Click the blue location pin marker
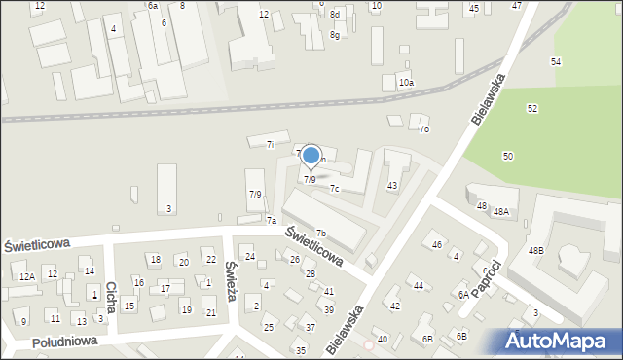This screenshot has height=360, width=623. (x=311, y=156)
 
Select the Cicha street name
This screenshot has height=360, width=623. (x=111, y=299)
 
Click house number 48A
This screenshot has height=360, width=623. (x=500, y=211)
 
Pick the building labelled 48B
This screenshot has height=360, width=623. (x=536, y=251)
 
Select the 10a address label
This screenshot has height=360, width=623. (x=406, y=83)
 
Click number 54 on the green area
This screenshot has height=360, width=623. (x=555, y=62)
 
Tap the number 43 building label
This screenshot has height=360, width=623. (x=392, y=185)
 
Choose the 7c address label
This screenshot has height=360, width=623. (x=334, y=189)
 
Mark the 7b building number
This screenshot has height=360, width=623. (x=320, y=233)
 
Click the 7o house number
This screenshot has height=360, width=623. (x=423, y=129)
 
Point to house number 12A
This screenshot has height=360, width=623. (x=27, y=276)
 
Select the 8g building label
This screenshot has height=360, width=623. (x=334, y=35)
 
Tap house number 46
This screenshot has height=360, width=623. (x=437, y=244)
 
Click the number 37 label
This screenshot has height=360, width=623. (x=310, y=327)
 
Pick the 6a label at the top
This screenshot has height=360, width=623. (x=153, y=6)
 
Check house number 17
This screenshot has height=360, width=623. (x=165, y=289)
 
